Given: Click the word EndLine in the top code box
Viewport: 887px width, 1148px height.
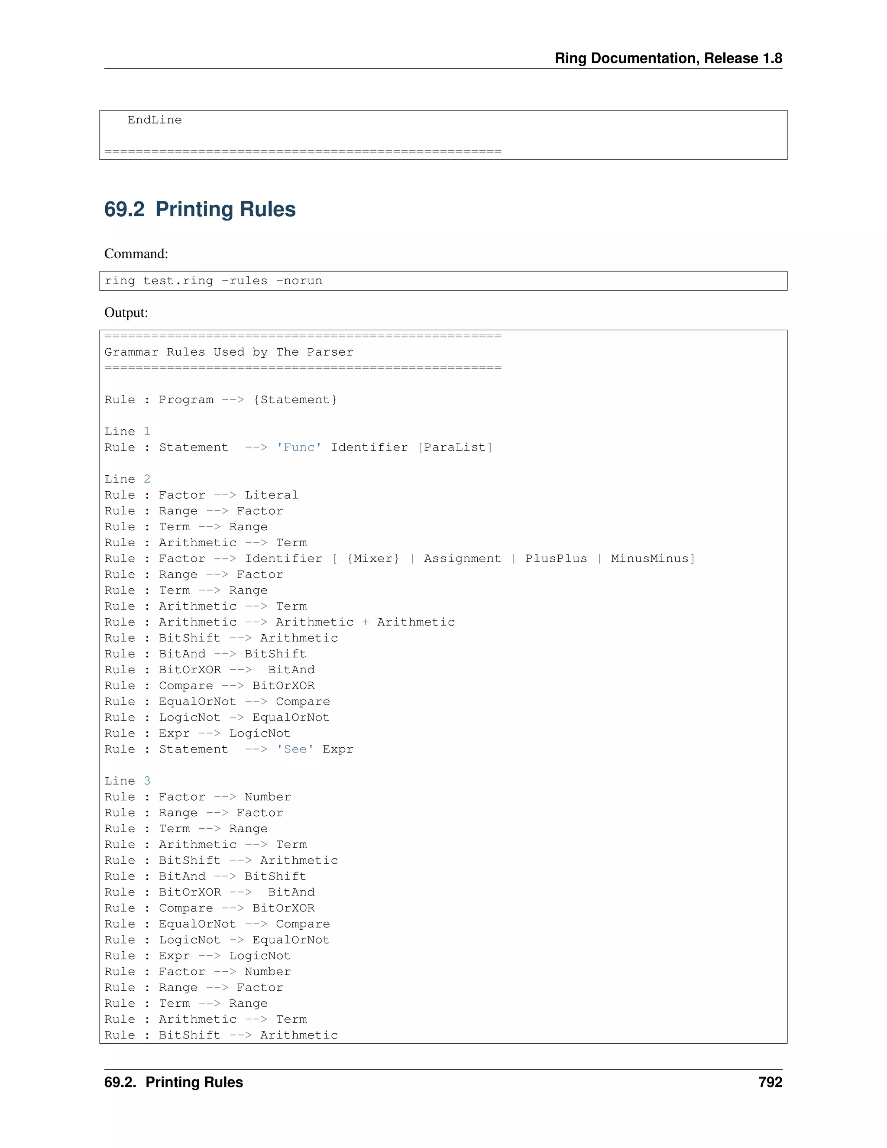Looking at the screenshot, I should [x=155, y=120].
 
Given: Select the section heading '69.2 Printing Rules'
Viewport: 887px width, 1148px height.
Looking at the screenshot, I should [x=200, y=209].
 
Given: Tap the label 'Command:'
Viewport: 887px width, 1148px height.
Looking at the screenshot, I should [x=136, y=254].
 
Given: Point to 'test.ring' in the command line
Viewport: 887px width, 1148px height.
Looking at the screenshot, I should [x=178, y=281].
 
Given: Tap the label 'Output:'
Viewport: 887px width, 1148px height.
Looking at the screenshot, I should [x=126, y=313].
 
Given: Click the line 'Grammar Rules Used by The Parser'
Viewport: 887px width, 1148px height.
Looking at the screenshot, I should [x=229, y=352].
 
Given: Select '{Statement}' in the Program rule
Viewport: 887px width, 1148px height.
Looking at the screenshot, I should [x=295, y=399].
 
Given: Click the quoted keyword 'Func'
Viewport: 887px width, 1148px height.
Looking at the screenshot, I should [x=299, y=448].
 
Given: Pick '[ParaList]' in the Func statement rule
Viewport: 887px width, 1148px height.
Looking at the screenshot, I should [x=455, y=448].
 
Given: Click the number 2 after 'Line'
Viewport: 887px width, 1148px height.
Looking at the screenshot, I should [x=147, y=479].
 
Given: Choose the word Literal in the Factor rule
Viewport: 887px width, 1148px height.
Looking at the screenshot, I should [x=271, y=495].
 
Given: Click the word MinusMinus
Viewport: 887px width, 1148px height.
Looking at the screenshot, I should [x=650, y=559].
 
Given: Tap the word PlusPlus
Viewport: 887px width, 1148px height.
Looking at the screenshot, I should [x=556, y=559].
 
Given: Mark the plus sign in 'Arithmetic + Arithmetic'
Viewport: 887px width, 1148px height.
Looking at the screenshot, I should [x=365, y=623].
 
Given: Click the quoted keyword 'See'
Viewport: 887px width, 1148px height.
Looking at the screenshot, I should [x=295, y=749].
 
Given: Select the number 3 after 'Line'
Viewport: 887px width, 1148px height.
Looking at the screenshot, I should [x=147, y=781].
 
